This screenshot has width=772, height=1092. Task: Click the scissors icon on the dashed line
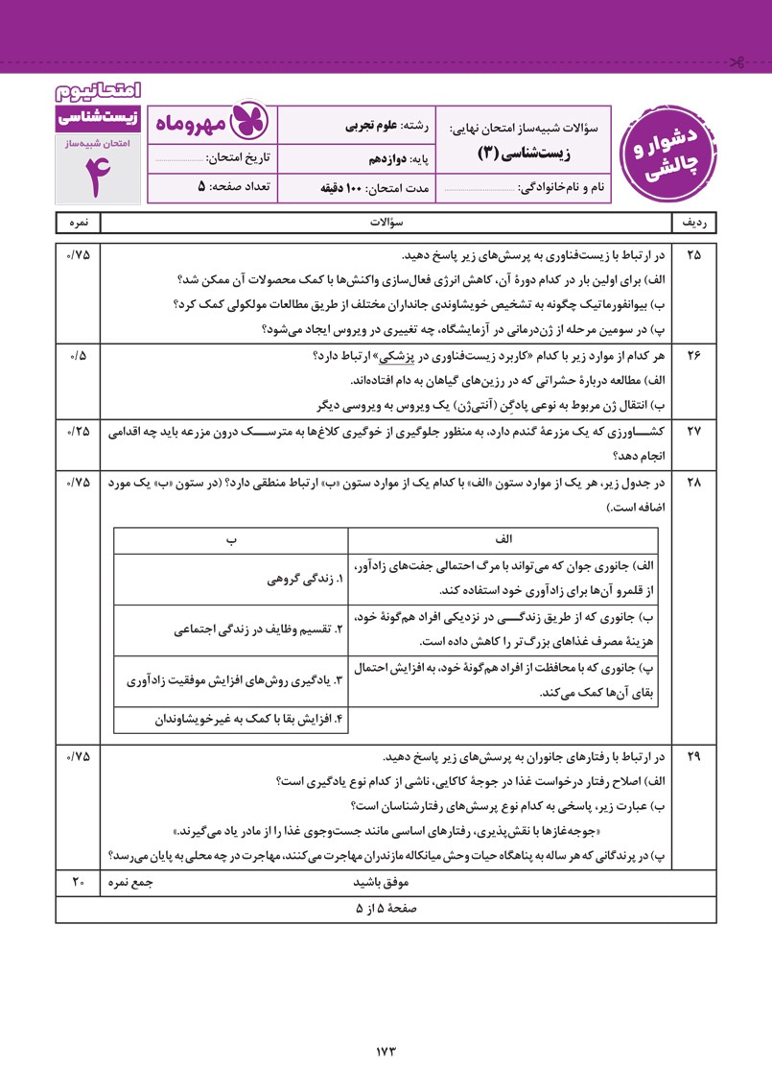(737, 64)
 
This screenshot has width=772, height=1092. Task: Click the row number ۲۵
(694, 256)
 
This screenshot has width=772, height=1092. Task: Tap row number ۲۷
(694, 431)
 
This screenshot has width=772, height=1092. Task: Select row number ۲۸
(694, 482)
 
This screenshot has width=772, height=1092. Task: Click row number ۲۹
(694, 756)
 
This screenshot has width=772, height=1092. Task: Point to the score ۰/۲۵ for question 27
(78, 431)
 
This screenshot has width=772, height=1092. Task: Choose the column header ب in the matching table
(231, 539)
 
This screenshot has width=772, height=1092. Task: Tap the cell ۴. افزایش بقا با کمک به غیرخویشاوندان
(249, 719)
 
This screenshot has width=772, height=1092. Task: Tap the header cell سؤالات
(386, 223)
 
